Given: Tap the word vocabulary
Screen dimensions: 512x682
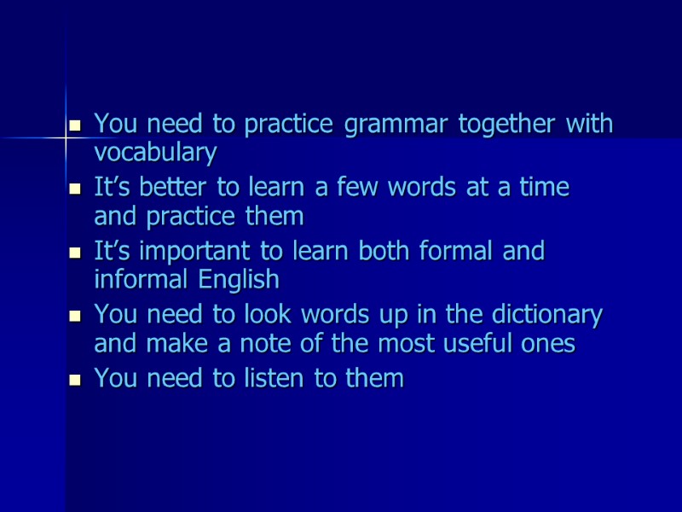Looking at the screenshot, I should click(155, 153).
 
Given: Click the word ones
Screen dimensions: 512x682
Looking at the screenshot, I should click(549, 345).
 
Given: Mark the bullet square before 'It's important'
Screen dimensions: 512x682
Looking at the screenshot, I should click(74, 253).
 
